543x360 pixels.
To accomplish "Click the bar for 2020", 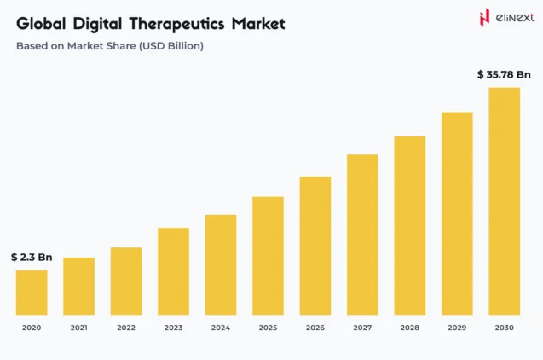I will pyautogui.click(x=32, y=292).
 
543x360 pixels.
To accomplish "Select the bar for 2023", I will pyautogui.click(x=173, y=270).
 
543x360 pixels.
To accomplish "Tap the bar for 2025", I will pyautogui.click(x=268, y=255).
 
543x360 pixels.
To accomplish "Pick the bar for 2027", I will pyautogui.click(x=362, y=234).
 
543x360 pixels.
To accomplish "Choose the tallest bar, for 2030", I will pyautogui.click(x=504, y=200).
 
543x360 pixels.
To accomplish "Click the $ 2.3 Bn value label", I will pyautogui.click(x=32, y=257).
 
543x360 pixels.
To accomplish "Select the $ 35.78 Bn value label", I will pyautogui.click(x=504, y=74).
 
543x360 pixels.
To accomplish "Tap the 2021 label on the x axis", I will pyautogui.click(x=78, y=328).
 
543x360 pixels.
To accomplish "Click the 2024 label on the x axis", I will pyautogui.click(x=221, y=328).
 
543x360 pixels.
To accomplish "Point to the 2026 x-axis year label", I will pyautogui.click(x=315, y=328).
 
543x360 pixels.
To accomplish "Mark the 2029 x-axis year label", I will pyautogui.click(x=457, y=328).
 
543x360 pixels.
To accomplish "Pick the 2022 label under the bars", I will pyautogui.click(x=126, y=328).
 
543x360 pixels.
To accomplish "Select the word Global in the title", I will pyautogui.click(x=40, y=24).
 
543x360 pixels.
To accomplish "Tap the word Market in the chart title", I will pyautogui.click(x=257, y=24).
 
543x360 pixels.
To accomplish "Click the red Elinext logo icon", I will pyautogui.click(x=484, y=18).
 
